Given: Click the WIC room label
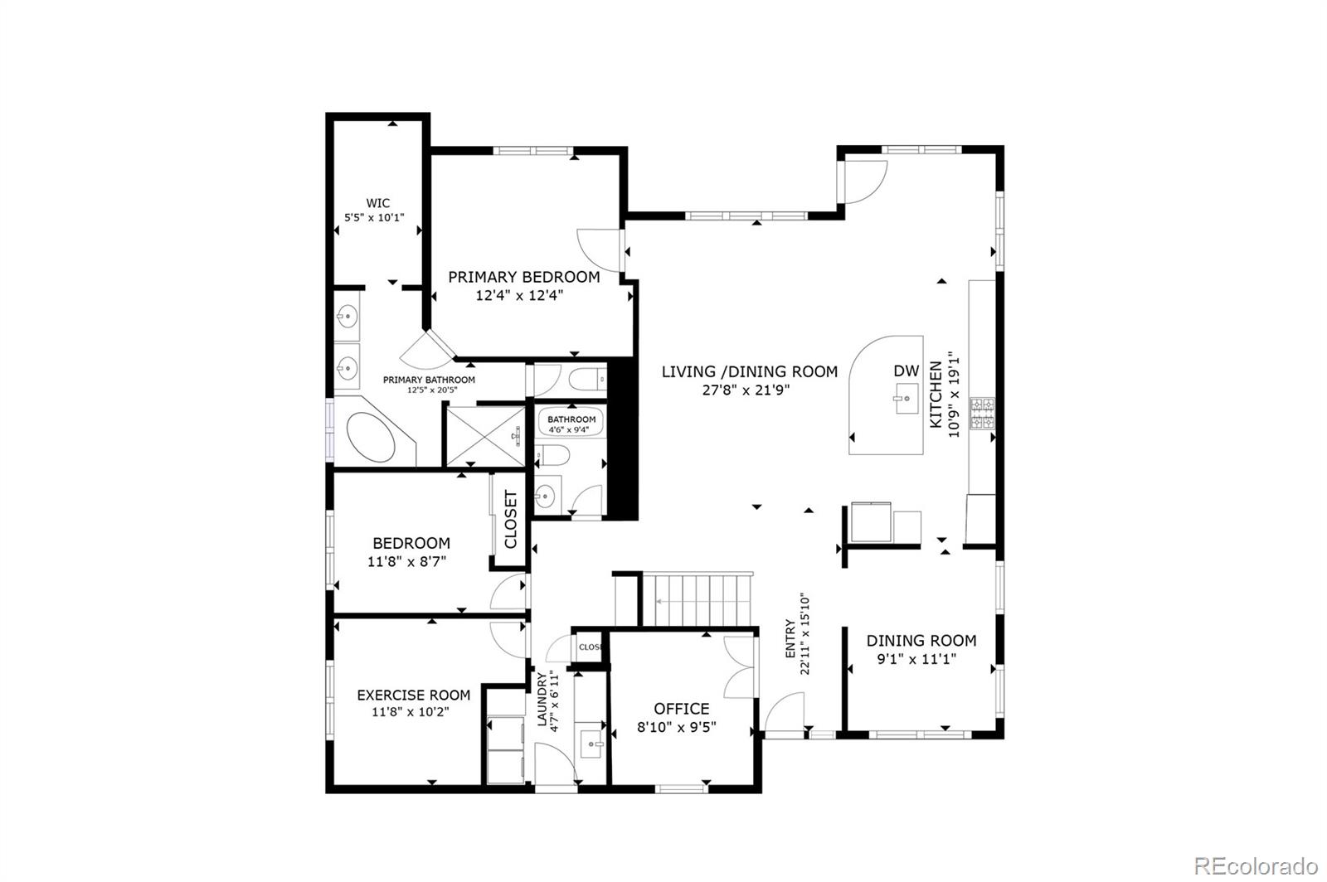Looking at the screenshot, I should [378, 203].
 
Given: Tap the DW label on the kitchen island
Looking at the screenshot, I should [906, 371].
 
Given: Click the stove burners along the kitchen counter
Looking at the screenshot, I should [983, 414].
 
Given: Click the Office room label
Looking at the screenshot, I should [681, 709].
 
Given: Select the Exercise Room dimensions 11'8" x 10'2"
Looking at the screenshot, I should [413, 711].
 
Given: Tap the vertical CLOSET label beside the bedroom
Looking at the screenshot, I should [510, 520].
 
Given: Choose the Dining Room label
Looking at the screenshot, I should [921, 640].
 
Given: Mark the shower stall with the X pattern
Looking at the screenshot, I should [485, 434].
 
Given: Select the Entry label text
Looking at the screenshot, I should [790, 638].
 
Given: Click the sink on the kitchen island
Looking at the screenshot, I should [906, 400].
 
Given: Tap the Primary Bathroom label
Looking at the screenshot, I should [429, 380].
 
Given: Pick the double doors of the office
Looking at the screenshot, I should [741, 667].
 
